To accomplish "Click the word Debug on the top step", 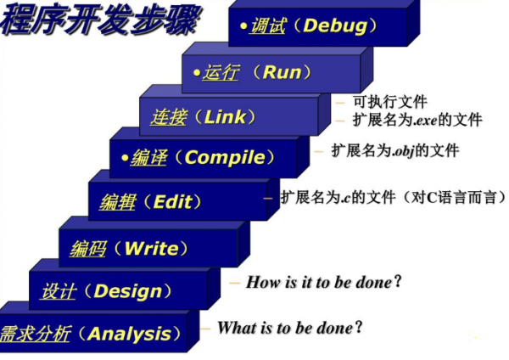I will (338, 25).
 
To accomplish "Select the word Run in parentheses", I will (282, 72).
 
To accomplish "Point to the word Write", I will (151, 249).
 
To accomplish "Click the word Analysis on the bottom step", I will (129, 334).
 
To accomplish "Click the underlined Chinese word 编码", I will (88, 249).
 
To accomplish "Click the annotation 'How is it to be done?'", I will (322, 281).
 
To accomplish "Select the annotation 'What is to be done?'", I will (289, 327).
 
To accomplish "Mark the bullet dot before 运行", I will (197, 74).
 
